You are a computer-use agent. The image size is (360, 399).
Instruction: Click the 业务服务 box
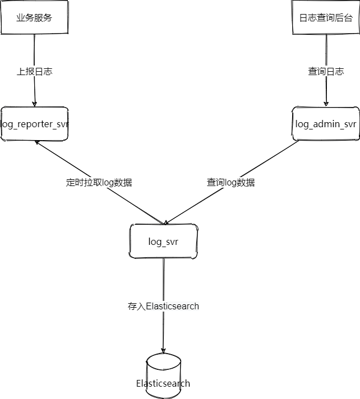click(x=34, y=17)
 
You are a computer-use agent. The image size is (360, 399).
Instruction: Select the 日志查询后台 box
click(x=326, y=17)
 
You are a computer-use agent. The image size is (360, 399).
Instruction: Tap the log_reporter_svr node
click(x=34, y=124)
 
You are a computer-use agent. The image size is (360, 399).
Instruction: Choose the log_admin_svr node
click(x=326, y=124)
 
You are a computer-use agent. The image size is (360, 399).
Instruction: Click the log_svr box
click(x=163, y=241)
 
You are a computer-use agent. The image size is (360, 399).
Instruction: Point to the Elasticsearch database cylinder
click(x=163, y=376)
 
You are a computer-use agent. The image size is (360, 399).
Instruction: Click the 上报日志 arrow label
click(x=34, y=72)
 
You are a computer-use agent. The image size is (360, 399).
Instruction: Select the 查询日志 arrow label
click(x=326, y=72)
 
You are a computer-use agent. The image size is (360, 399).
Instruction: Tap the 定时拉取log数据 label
click(x=99, y=183)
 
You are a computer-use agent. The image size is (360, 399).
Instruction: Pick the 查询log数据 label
click(x=230, y=183)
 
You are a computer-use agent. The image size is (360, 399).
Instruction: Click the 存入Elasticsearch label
click(x=163, y=306)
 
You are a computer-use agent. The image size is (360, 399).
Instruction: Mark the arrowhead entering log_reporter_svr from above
click(x=34, y=104)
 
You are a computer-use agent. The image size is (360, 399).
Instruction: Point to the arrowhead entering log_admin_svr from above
click(x=326, y=104)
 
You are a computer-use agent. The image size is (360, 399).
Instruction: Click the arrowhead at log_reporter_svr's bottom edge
click(x=37, y=142)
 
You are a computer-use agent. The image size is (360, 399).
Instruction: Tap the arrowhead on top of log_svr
click(x=166, y=222)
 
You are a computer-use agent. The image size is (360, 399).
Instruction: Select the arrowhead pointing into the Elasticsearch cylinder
click(x=163, y=351)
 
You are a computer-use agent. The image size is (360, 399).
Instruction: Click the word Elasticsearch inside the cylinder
click(x=163, y=383)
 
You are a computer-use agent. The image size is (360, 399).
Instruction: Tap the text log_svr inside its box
click(x=163, y=242)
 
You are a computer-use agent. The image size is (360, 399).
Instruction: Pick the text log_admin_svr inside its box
click(x=326, y=124)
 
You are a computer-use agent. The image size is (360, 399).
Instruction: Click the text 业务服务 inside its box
click(x=34, y=17)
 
